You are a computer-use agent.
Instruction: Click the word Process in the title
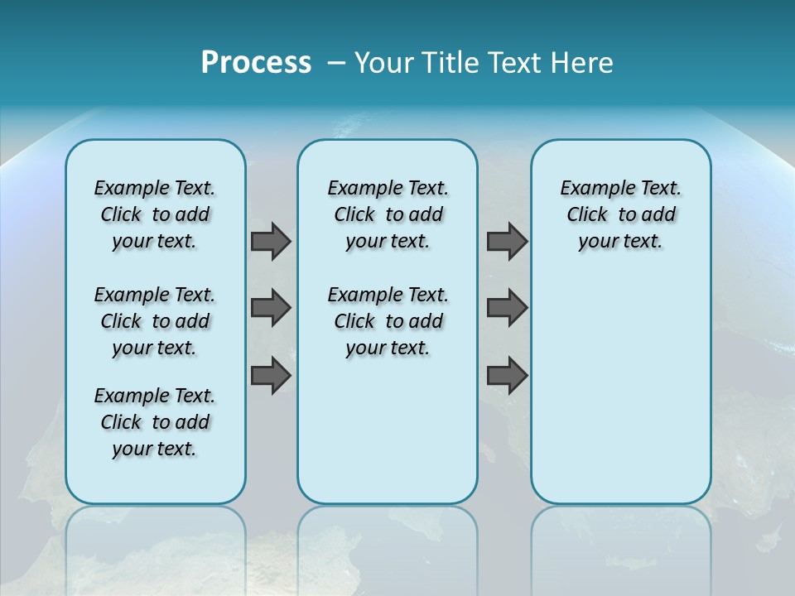pyautogui.click(x=256, y=63)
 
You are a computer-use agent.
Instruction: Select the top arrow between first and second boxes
pyautogui.click(x=271, y=242)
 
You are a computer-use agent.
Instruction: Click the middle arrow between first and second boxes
pyautogui.click(x=271, y=308)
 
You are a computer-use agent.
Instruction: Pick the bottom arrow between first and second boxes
pyautogui.click(x=271, y=375)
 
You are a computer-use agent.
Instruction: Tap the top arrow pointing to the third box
pyautogui.click(x=507, y=242)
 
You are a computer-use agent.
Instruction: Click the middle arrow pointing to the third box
pyautogui.click(x=507, y=308)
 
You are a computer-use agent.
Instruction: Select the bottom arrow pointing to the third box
pyautogui.click(x=507, y=375)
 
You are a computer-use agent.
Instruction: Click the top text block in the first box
pyautogui.click(x=155, y=214)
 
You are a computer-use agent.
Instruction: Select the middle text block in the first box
pyautogui.click(x=155, y=321)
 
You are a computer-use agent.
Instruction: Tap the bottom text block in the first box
pyautogui.click(x=155, y=422)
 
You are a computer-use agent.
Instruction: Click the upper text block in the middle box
pyautogui.click(x=388, y=214)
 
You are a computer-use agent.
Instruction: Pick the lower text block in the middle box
pyautogui.click(x=388, y=321)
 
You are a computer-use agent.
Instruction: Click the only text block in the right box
pyautogui.click(x=621, y=214)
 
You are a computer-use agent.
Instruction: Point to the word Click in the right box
pyautogui.click(x=587, y=215)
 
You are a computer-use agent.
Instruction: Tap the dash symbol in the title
pyautogui.click(x=336, y=64)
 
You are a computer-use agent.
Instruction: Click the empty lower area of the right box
pyautogui.click(x=621, y=389)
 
